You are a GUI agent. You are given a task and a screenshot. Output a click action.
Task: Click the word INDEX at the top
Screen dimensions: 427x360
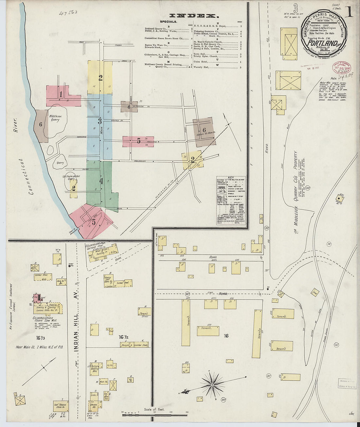click(x=192, y=15)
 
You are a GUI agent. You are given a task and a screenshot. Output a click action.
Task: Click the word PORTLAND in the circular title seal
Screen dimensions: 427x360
click(x=323, y=43)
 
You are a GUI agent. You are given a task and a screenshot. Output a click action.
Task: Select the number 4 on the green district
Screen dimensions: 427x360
click(x=101, y=181)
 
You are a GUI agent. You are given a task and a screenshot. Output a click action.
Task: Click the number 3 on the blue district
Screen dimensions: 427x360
click(x=100, y=121)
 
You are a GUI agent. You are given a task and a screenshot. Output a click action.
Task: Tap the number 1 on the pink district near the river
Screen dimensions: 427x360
click(x=61, y=95)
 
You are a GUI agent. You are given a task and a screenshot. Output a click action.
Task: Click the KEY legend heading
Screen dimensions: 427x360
click(x=231, y=178)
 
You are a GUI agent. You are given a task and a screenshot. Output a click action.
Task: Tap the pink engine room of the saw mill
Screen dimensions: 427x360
click(x=38, y=298)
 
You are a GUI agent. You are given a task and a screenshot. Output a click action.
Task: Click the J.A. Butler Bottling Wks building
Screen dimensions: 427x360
click(x=93, y=367)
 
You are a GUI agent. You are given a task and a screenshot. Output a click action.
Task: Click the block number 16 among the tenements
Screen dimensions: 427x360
click(x=226, y=336)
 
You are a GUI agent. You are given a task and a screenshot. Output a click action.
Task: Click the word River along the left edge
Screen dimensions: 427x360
click(x=15, y=125)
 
